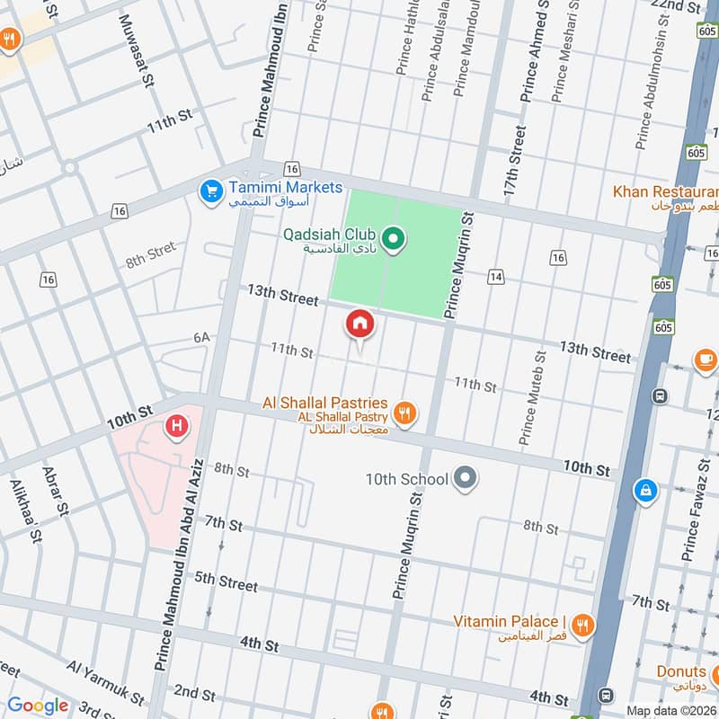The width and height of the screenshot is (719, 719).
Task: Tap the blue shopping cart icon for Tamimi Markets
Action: click(211, 191)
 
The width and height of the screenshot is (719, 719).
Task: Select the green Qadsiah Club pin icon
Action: click(393, 239)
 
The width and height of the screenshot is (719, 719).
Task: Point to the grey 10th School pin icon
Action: click(465, 478)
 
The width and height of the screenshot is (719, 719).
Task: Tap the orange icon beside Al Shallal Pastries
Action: click(406, 413)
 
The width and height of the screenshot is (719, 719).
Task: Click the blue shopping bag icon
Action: click(644, 491)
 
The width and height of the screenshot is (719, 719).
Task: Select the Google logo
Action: click(38, 706)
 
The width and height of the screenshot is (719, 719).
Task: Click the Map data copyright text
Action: click(671, 710)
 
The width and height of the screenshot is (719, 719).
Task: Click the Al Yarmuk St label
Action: click(105, 683)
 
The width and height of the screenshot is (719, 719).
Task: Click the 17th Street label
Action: click(514, 162)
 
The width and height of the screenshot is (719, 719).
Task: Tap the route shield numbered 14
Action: click(495, 277)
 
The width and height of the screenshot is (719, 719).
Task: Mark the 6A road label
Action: click(200, 337)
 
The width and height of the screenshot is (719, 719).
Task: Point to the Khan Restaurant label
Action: click(665, 191)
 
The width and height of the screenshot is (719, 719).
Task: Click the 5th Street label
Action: click(226, 582)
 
